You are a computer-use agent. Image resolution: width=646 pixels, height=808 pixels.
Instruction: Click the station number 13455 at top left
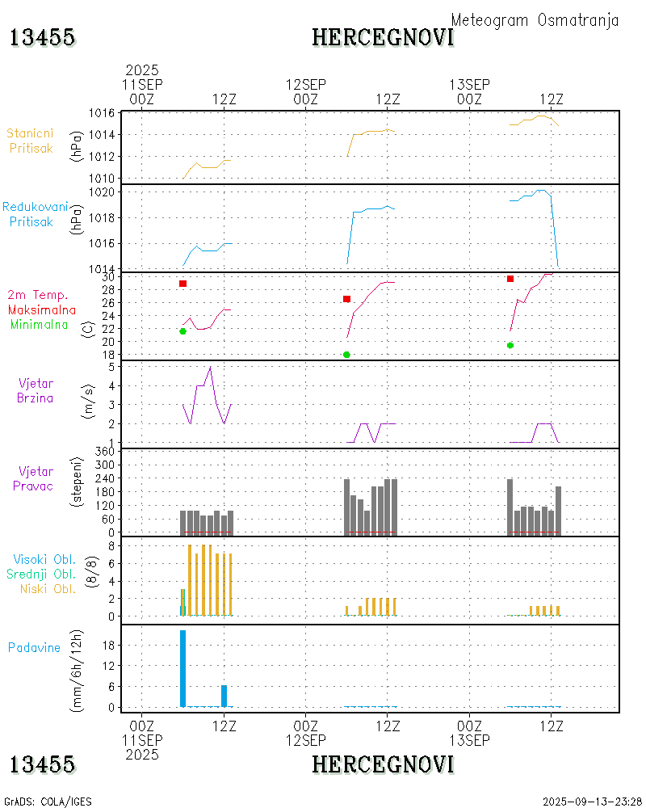[x=43, y=37]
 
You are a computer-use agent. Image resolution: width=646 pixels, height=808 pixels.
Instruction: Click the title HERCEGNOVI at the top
[x=383, y=37]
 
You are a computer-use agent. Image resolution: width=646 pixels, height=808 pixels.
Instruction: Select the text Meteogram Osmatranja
[x=535, y=20]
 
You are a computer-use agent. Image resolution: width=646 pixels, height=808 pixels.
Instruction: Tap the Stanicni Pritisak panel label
[x=31, y=140]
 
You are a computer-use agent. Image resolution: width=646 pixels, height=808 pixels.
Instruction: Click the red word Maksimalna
[x=42, y=309]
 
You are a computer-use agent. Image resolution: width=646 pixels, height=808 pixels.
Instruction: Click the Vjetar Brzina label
[x=36, y=389]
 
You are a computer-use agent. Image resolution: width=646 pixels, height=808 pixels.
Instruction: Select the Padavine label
[x=35, y=647]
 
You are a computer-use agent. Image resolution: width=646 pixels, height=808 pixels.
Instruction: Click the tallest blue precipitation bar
[x=183, y=668]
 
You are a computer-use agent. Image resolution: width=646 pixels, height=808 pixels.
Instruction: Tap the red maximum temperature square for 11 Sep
[x=183, y=284]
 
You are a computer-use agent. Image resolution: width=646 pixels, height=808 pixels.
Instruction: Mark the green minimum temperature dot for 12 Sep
[x=346, y=355]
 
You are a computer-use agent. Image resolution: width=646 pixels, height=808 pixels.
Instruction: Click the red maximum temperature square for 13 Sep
[x=510, y=279]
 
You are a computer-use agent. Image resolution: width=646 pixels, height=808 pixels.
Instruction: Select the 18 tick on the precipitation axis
[x=108, y=645]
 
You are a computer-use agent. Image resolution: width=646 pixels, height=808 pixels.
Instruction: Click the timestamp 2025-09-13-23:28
[x=592, y=802]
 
